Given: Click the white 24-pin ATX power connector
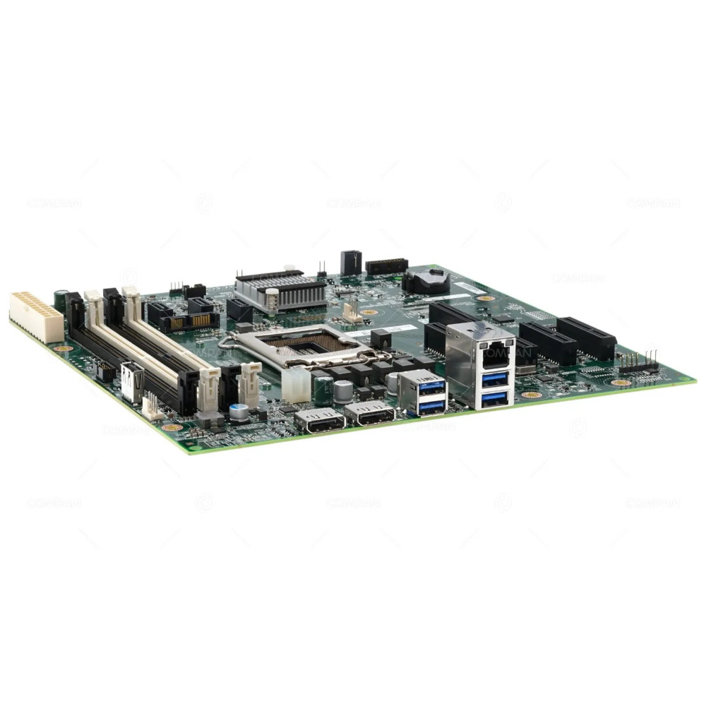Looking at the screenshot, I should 36,316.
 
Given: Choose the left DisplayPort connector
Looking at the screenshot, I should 320,421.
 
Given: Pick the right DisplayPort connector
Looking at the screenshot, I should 370,414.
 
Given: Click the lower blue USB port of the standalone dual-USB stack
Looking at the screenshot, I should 431,405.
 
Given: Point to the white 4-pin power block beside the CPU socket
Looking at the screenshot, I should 296,384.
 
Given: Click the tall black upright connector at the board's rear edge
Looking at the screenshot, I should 351,263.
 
